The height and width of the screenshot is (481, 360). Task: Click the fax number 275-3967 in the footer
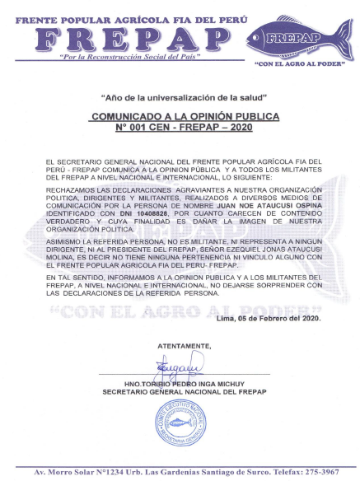pos(317,471)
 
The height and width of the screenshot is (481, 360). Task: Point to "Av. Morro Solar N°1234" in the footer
pos(74,471)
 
